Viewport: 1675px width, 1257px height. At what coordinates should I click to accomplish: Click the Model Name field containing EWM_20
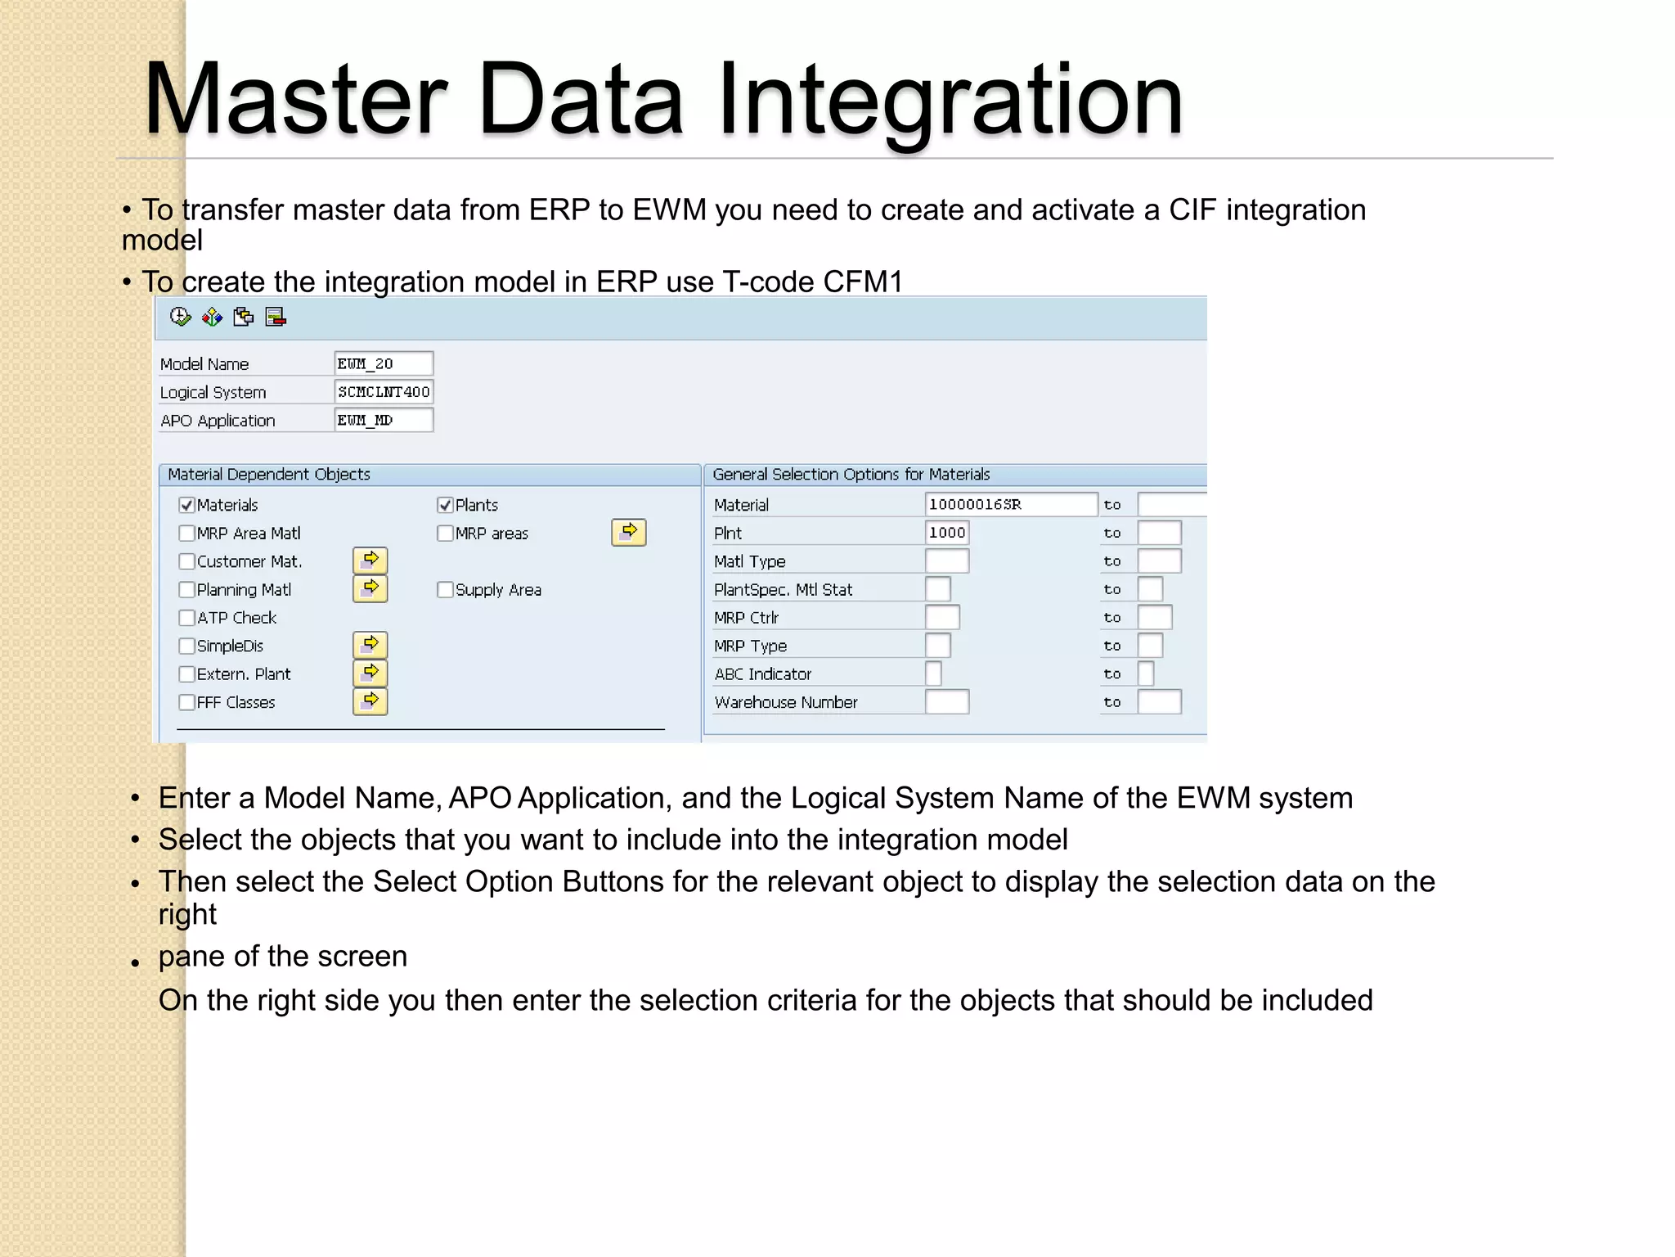[383, 363]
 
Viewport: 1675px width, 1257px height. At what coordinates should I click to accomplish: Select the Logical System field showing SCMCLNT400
[383, 392]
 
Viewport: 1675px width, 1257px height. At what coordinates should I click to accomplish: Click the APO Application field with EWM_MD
[383, 420]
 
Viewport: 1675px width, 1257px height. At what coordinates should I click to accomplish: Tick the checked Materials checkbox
[186, 505]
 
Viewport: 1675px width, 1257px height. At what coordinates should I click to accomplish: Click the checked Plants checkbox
[445, 505]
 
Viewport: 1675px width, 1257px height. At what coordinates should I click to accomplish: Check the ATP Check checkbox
[186, 618]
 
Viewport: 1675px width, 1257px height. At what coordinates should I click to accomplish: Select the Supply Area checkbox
[445, 590]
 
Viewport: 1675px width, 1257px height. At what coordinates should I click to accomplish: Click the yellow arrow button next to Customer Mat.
[370, 561]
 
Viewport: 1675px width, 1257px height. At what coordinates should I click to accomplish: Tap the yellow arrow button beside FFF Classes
[370, 701]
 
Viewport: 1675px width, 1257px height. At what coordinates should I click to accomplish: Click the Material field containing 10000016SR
[1010, 504]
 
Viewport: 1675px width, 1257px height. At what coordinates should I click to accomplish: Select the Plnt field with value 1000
[947, 533]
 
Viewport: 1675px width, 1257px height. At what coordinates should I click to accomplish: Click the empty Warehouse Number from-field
[947, 702]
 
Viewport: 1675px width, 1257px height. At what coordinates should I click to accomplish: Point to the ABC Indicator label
[762, 674]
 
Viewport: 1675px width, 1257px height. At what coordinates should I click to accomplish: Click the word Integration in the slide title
[950, 100]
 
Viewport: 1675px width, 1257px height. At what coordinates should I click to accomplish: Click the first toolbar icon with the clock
[180, 317]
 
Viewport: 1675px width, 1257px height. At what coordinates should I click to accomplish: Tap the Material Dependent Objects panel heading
[269, 475]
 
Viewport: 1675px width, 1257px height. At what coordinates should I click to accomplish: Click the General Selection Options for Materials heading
[851, 475]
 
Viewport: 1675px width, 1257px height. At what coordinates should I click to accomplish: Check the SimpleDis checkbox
[186, 647]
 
